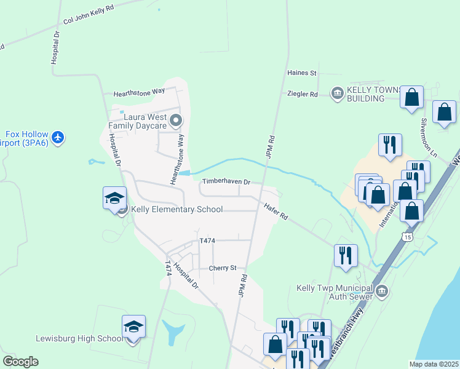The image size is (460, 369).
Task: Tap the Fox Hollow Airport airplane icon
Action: [58, 136]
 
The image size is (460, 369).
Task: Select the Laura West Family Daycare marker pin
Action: [176, 121]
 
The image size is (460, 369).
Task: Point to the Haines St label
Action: [301, 73]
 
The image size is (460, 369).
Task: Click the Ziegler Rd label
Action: [302, 94]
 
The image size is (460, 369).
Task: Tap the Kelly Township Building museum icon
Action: [337, 94]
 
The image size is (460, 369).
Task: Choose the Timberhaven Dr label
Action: [226, 182]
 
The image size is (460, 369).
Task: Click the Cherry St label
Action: [223, 268]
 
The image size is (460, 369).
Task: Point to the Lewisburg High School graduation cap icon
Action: [133, 327]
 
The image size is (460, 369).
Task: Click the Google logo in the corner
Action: [20, 362]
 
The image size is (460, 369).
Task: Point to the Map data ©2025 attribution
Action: [434, 364]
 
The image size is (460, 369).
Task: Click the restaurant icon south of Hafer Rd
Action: [346, 255]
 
